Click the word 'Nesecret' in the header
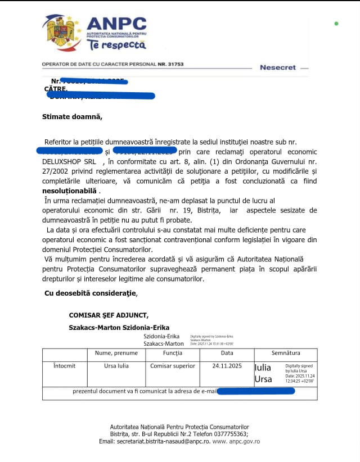click(x=277, y=67)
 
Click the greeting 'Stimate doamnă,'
click(x=73, y=117)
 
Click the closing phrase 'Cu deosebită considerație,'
click(x=91, y=293)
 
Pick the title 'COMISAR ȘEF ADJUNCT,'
click(x=109, y=316)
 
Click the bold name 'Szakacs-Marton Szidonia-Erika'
click(x=119, y=327)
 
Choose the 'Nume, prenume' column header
click(x=116, y=354)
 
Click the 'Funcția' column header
click(x=172, y=354)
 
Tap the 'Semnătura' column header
click(x=286, y=354)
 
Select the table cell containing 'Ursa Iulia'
click(x=116, y=366)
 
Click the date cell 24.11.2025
click(x=227, y=366)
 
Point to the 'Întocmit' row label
click(x=64, y=366)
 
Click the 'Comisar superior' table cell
click(x=172, y=366)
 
